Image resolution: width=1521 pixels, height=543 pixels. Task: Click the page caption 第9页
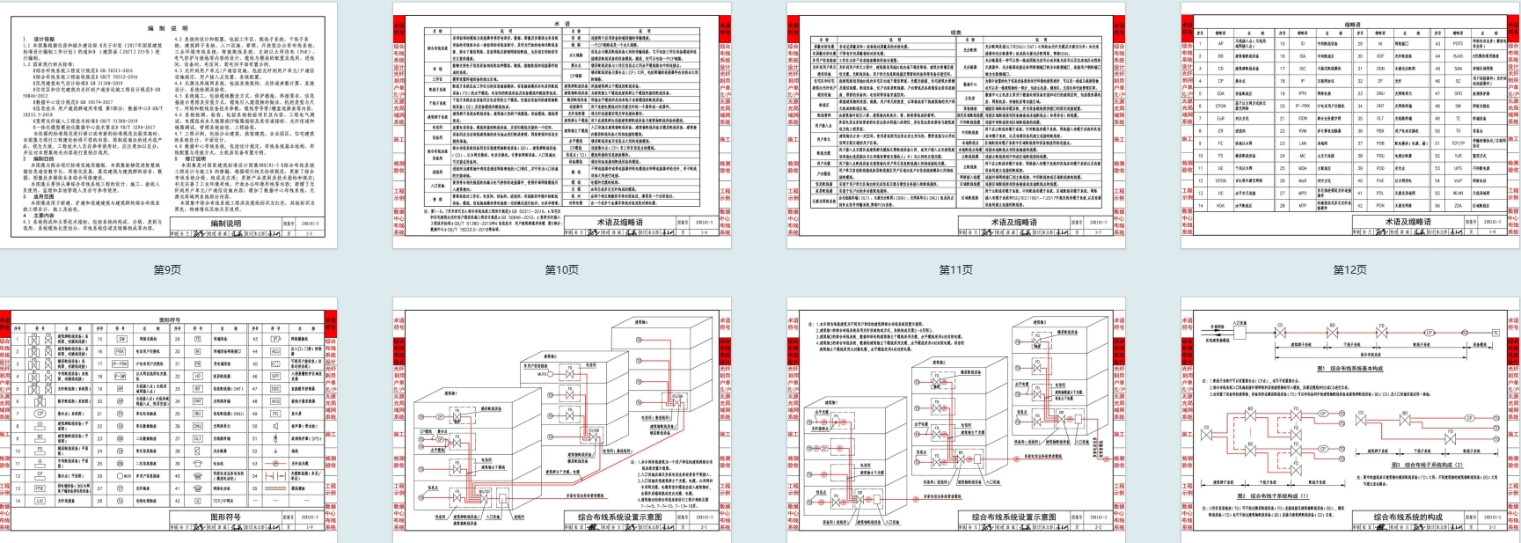167,269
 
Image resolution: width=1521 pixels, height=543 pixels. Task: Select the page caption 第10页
561,269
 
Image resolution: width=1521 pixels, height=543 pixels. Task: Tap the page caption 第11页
955,269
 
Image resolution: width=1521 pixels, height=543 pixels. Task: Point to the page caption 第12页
1349,269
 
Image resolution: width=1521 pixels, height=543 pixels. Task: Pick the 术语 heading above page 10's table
561,24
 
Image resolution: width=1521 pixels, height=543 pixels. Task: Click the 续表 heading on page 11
956,32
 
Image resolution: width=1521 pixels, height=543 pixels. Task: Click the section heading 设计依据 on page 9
44,40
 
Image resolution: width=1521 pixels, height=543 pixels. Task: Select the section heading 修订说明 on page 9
195,158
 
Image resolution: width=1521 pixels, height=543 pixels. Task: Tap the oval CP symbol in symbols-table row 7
40,412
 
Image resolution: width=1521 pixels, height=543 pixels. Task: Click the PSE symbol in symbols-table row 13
40,488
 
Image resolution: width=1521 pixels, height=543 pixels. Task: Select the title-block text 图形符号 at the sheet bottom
225,517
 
